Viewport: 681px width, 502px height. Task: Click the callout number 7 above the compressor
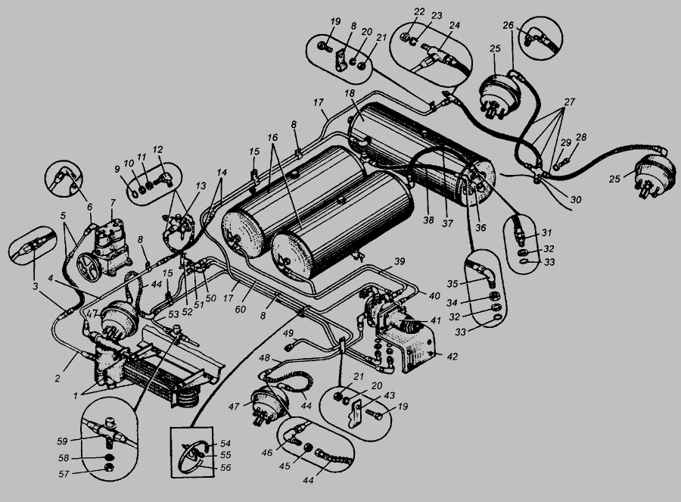(x=113, y=203)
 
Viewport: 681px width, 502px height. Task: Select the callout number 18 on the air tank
(x=350, y=93)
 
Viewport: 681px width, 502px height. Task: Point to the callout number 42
(x=452, y=357)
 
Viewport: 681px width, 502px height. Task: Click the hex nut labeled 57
(x=110, y=468)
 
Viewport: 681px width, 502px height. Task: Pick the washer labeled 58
(x=110, y=457)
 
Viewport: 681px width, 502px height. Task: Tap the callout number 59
(x=63, y=441)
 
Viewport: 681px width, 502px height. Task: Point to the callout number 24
(x=454, y=25)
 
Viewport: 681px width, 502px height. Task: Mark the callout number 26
(x=508, y=25)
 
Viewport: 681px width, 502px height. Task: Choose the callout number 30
(x=576, y=199)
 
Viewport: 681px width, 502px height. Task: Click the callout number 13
(x=201, y=186)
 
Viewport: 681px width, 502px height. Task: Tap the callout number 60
(x=240, y=310)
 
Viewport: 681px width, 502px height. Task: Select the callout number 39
(x=400, y=261)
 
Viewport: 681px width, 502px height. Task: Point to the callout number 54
(x=225, y=444)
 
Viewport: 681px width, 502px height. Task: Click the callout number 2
(x=58, y=379)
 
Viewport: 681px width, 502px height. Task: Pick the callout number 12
(x=157, y=149)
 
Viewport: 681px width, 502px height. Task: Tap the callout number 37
(x=447, y=223)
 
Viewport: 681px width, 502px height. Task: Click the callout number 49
(x=288, y=333)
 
